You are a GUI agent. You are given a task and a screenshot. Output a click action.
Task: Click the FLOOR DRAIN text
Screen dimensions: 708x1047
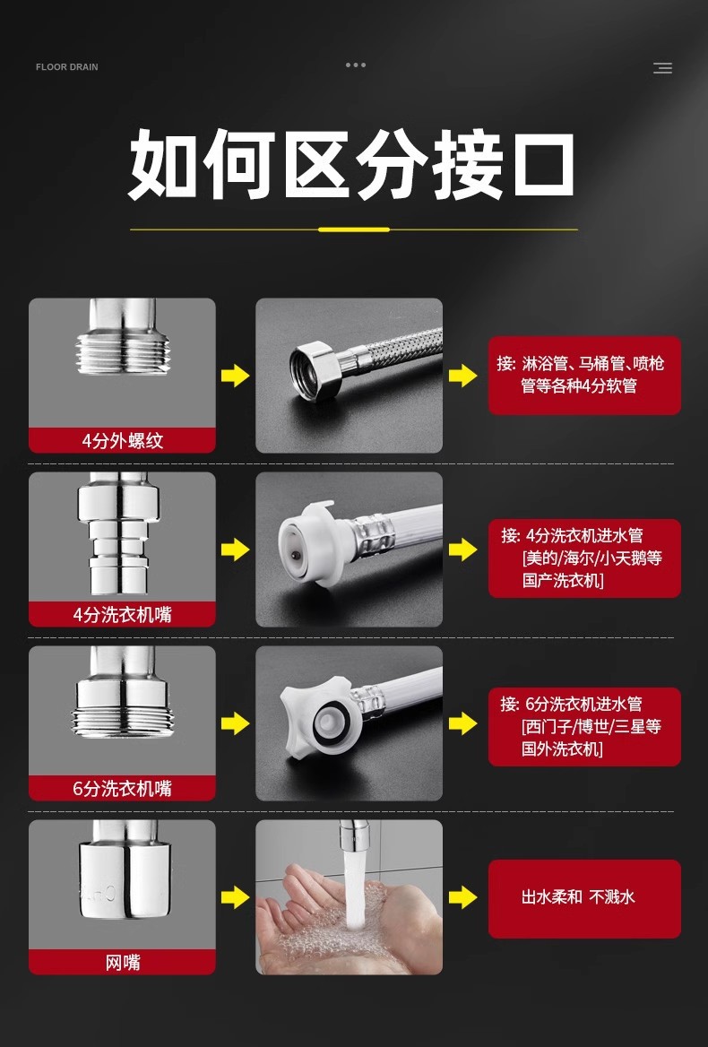[66, 66]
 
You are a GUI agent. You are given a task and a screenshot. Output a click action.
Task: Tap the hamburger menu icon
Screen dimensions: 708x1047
[662, 67]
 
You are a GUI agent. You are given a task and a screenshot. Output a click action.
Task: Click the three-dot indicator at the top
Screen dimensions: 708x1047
[356, 65]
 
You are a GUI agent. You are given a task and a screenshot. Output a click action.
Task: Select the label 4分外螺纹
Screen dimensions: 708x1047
[122, 441]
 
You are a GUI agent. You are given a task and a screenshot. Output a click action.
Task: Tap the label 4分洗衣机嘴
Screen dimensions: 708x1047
[122, 614]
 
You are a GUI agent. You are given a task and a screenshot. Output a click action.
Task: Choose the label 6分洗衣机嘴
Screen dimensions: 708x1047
[122, 789]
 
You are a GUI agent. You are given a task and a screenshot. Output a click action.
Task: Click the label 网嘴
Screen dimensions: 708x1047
[122, 962]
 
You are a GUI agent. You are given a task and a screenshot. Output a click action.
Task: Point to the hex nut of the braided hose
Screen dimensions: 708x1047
[315, 372]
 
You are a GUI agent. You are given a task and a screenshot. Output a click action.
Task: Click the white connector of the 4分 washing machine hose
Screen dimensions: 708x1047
[307, 544]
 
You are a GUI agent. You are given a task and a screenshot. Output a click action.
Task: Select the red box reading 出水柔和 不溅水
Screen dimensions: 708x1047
[584, 899]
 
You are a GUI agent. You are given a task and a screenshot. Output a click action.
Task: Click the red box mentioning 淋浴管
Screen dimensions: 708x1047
[584, 376]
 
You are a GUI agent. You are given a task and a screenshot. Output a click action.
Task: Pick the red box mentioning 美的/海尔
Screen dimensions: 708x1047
[584, 558]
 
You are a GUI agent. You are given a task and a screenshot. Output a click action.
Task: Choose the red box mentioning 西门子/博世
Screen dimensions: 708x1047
[584, 726]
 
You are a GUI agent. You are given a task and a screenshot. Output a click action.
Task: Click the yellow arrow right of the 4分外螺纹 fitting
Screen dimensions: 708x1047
[236, 376]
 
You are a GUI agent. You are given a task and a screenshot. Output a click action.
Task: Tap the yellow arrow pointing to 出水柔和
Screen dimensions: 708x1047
[463, 897]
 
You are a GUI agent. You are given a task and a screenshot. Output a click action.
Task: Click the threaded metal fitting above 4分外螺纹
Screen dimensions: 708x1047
[122, 337]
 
